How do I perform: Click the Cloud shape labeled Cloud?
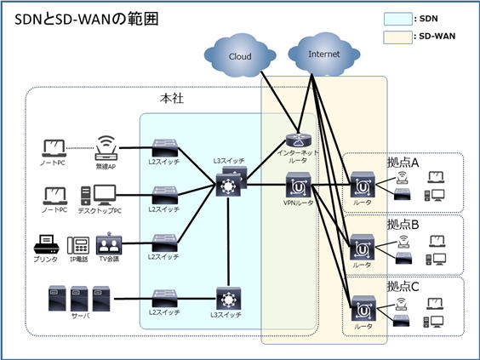coord(240,55)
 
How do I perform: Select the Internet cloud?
coord(324,54)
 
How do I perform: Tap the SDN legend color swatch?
coord(398,19)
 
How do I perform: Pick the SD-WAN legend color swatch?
coord(398,37)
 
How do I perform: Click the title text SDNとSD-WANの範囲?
coord(86,20)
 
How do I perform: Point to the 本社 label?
coord(172,99)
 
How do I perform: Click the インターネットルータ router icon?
coord(299,140)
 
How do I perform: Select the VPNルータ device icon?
coord(298,185)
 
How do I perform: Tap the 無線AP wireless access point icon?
coord(106,148)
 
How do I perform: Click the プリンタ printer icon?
coord(46,244)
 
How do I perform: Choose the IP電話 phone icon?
coord(78,245)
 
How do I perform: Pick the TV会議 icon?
coord(109,243)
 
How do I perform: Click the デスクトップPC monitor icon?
coord(105,195)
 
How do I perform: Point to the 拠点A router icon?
coord(363,185)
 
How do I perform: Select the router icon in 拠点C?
coord(363,309)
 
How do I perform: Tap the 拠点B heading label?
coord(403,225)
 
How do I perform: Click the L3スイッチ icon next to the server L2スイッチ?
coord(228,299)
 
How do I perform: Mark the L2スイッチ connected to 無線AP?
coord(165,148)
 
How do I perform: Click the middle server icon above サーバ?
coord(79,299)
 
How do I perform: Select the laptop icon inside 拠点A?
coord(437,177)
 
